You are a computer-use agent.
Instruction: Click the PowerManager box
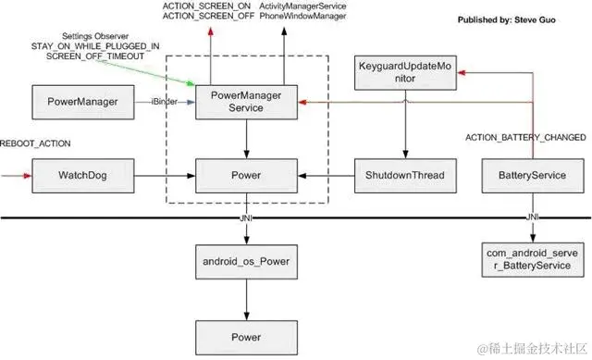(76, 102)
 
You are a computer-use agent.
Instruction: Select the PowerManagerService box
(245, 102)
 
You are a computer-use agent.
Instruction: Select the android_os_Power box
(245, 262)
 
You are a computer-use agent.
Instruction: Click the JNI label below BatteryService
(535, 217)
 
